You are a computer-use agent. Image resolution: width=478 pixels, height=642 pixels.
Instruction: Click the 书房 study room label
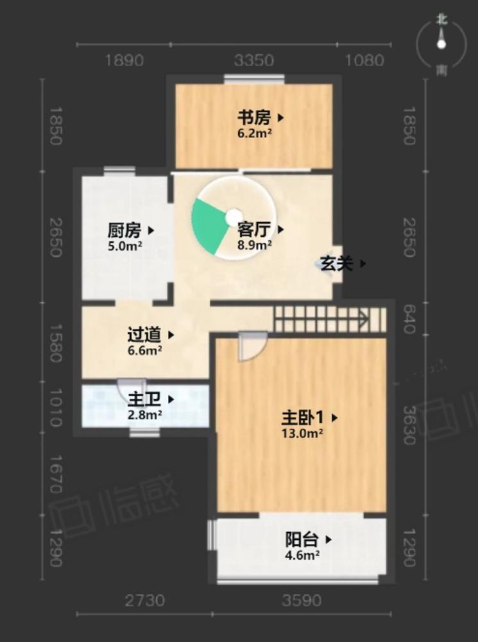(x=253, y=118)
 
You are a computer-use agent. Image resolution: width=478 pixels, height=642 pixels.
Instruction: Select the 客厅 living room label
(x=253, y=229)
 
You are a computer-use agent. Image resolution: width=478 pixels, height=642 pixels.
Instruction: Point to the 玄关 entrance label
(x=337, y=263)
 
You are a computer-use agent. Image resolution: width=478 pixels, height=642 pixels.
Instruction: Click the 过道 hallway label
(x=144, y=334)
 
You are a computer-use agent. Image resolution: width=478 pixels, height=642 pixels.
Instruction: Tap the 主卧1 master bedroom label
(x=302, y=418)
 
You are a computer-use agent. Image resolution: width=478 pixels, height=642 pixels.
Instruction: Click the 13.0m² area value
(x=302, y=433)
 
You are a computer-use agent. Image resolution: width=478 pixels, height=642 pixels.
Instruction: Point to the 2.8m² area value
(x=144, y=414)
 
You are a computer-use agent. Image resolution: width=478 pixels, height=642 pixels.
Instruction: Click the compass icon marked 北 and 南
(x=441, y=44)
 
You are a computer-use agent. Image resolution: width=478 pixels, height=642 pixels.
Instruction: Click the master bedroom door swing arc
(x=252, y=347)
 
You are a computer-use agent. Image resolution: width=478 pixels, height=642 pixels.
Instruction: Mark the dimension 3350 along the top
(x=254, y=61)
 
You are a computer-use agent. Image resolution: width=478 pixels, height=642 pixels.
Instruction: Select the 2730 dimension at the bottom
(x=144, y=601)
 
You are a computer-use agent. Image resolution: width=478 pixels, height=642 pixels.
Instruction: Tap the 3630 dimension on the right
(x=409, y=424)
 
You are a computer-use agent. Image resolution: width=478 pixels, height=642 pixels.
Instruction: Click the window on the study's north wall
(x=254, y=79)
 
